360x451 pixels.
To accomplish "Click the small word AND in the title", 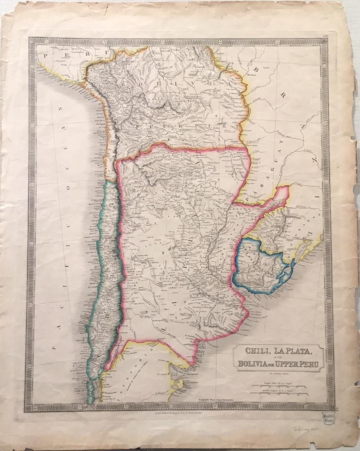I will (278, 358).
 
